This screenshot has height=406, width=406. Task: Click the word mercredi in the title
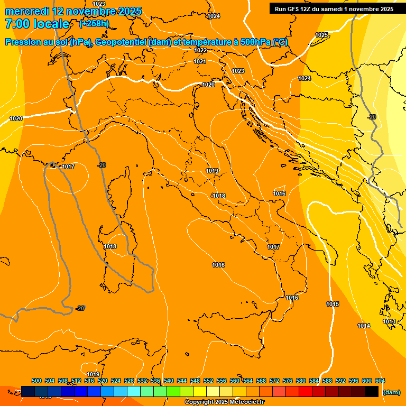click(x=26, y=11)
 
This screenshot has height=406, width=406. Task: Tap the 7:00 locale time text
click(x=37, y=24)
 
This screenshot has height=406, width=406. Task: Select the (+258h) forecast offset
click(x=94, y=24)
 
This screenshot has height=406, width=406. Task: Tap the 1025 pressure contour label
click(x=321, y=35)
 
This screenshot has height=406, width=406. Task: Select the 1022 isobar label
click(x=200, y=50)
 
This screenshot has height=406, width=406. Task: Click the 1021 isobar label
click(x=199, y=62)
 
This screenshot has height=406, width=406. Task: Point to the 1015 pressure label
click(x=333, y=304)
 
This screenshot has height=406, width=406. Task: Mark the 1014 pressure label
click(x=364, y=326)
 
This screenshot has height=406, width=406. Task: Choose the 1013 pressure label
click(x=389, y=321)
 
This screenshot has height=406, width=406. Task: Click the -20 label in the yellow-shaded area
click(x=372, y=117)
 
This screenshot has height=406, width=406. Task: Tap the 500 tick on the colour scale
click(x=36, y=381)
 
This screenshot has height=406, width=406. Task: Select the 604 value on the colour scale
click(x=380, y=381)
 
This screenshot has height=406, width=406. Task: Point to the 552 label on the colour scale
click(x=208, y=381)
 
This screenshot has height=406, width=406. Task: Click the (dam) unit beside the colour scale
click(x=391, y=392)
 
